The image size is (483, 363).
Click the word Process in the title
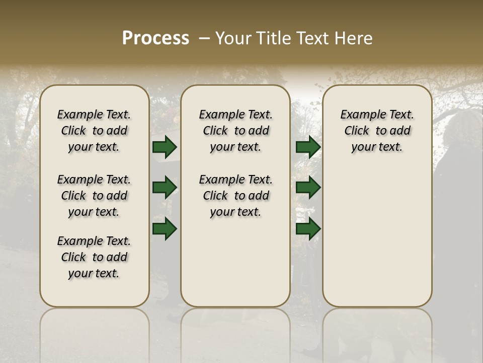tap(155, 38)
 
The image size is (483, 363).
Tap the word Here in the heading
tap(354, 38)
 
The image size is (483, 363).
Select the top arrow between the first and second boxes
tap(165, 147)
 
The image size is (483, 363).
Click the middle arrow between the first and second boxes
tap(165, 188)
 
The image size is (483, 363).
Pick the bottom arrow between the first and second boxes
tap(165, 228)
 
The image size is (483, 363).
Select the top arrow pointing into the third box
tap(308, 147)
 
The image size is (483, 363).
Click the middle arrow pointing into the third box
tap(308, 188)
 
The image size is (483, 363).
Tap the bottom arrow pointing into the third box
tap(308, 228)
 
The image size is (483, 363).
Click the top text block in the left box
tap(94, 131)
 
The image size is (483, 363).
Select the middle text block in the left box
tap(94, 196)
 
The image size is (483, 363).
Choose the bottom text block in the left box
tap(94, 257)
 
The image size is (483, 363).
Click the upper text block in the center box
tap(235, 131)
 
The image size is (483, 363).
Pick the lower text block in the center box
tap(235, 196)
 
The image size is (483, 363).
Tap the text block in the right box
tap(377, 131)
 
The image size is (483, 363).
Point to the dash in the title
tap(204, 38)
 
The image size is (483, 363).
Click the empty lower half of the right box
tap(377, 242)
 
